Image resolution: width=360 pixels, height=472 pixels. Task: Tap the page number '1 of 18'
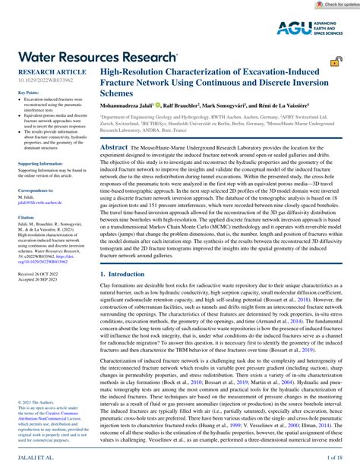(334, 460)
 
